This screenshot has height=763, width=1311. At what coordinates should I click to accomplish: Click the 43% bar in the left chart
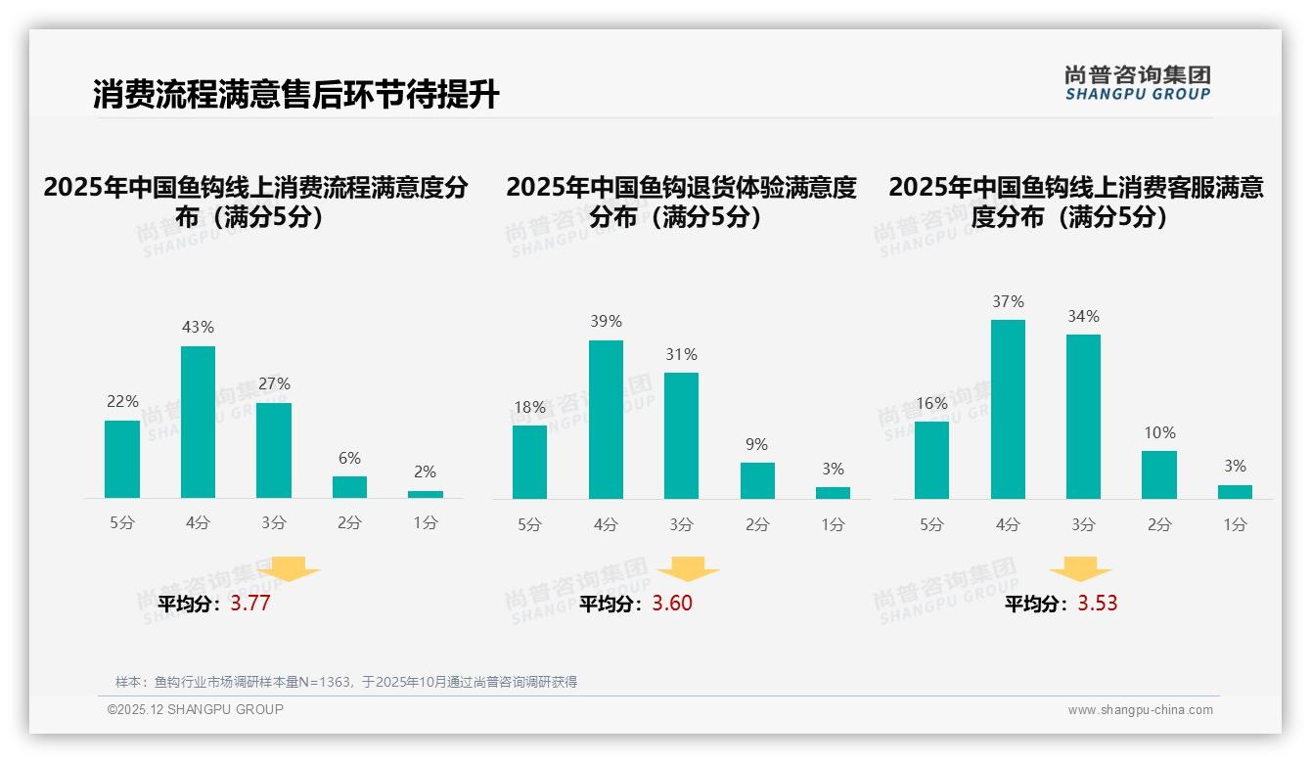(x=198, y=422)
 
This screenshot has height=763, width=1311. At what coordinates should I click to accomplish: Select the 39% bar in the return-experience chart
(x=606, y=420)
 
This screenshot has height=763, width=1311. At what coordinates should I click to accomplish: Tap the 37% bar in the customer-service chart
(x=1008, y=409)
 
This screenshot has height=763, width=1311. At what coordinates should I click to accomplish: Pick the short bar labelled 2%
(x=426, y=494)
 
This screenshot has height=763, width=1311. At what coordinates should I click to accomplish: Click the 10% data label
(x=1159, y=432)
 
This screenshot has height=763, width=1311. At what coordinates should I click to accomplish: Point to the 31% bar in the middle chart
(x=681, y=435)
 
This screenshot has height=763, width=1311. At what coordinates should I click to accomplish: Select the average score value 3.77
(x=250, y=604)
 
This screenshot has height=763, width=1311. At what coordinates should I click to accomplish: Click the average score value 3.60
(x=672, y=604)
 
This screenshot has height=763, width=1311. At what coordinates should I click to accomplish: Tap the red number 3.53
(x=1098, y=604)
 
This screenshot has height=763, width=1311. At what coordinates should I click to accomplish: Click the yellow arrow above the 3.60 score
(x=688, y=569)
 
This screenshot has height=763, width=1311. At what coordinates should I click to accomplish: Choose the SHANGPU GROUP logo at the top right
(x=1137, y=83)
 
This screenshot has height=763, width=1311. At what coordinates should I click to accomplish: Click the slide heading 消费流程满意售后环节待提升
(x=295, y=95)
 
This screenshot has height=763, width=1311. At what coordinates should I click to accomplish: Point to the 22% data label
(x=122, y=401)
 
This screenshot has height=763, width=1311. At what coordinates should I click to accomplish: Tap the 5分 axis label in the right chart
(x=931, y=525)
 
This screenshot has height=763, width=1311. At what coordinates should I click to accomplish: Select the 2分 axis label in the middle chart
(x=757, y=525)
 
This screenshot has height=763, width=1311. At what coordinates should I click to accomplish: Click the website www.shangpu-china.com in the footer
(x=1140, y=710)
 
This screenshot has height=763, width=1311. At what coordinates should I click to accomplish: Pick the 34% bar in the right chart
(x=1083, y=417)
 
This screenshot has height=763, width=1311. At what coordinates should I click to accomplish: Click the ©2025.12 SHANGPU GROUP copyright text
(x=196, y=709)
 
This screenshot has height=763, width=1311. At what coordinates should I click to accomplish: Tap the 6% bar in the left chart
(x=349, y=487)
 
